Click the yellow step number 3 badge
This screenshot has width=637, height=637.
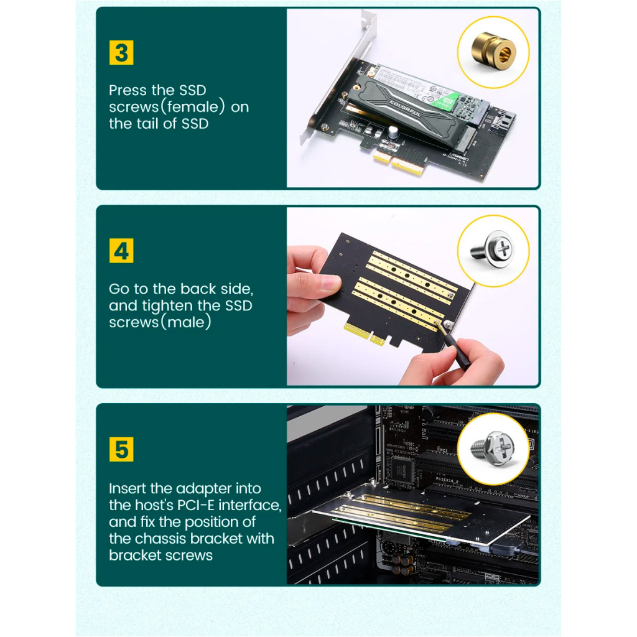[x=121, y=53]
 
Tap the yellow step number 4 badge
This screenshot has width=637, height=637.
[x=121, y=251]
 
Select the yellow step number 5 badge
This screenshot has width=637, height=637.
[x=121, y=450]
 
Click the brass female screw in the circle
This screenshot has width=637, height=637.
[x=493, y=52]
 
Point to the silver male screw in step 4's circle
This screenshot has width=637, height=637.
[x=493, y=250]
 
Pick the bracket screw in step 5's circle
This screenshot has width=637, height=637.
[x=493, y=448]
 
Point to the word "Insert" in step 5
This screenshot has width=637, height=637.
[x=129, y=488]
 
